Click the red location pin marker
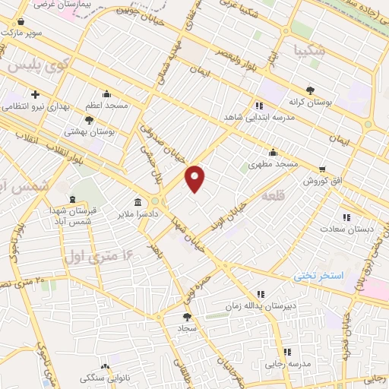coord(195,179)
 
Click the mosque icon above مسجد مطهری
coord(273,153)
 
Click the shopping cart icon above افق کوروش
coord(323,169)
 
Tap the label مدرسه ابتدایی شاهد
coord(259,119)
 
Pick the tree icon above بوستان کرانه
coord(309,88)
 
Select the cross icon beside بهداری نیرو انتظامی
coord(36,94)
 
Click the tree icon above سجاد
coord(187,317)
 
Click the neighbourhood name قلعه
coord(272,196)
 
